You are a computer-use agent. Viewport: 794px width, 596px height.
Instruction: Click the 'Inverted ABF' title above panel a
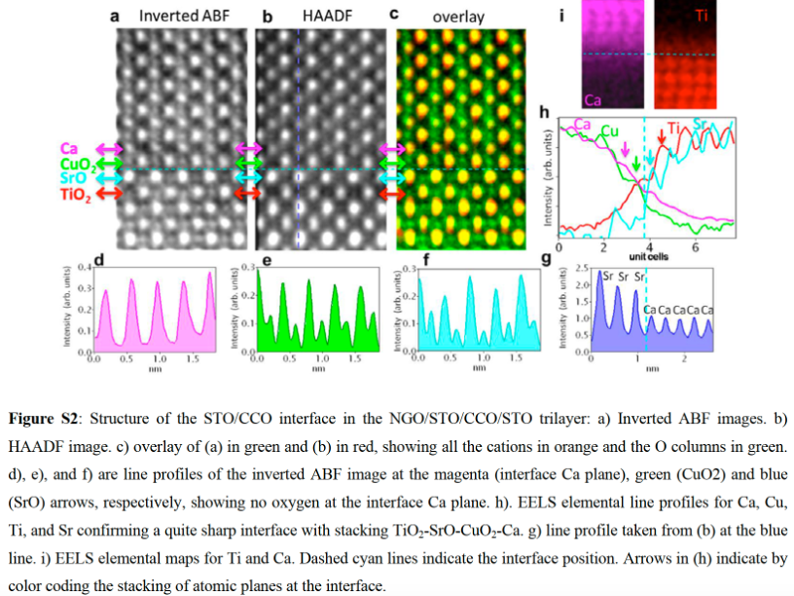[x=184, y=16]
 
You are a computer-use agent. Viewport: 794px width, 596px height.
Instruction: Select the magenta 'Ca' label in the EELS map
[x=593, y=97]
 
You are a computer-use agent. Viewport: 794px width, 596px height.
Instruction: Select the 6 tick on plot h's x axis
[x=694, y=247]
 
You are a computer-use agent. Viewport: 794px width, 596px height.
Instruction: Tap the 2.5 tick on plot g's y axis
[x=581, y=267]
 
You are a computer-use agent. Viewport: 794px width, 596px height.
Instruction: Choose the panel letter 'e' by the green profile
[x=266, y=261]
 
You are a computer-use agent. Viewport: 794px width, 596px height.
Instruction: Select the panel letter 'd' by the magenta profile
[x=101, y=261]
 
